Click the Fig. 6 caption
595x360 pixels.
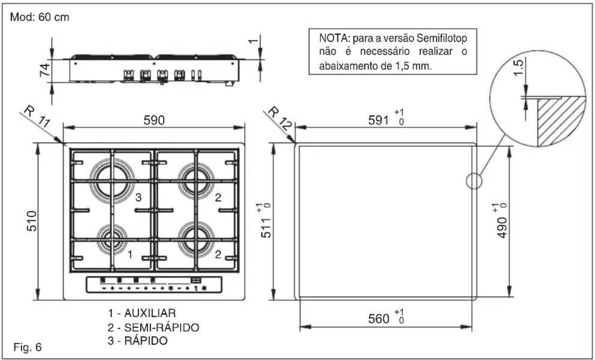pos(27,348)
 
